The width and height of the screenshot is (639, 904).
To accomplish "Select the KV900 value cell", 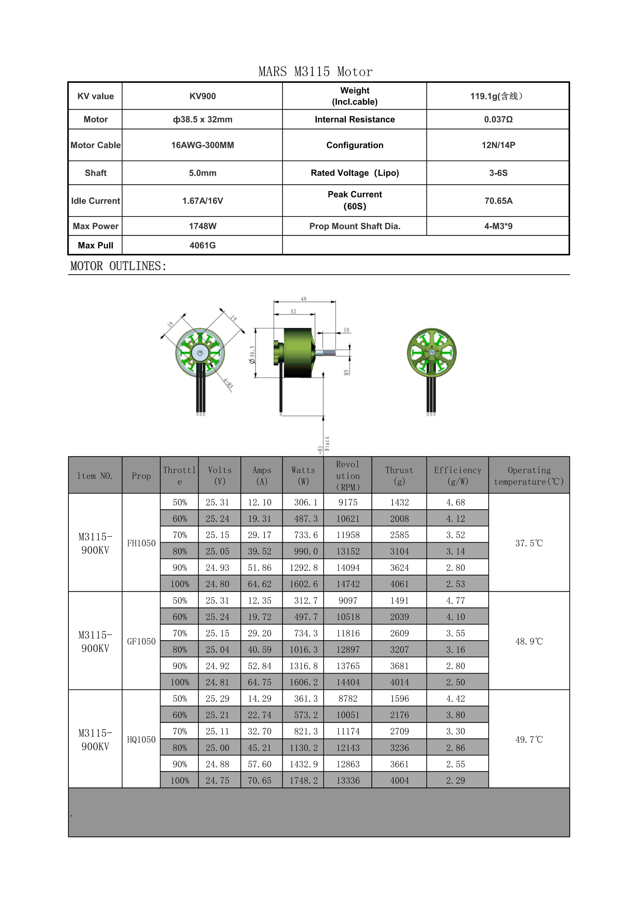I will pos(202,96).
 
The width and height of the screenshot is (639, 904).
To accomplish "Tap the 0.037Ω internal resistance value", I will pos(498,119).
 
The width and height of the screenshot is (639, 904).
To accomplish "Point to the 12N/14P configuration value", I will pos(498,145).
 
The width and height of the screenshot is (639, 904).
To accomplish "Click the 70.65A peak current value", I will pos(498,201).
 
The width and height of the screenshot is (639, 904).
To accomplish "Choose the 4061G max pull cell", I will pos(202,245).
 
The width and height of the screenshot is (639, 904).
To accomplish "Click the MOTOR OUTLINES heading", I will pos(118,266).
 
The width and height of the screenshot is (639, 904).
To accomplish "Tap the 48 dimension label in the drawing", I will pos(304,299).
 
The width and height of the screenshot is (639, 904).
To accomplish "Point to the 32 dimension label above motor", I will pos(293,311).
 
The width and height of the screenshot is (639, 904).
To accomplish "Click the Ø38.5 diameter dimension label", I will pos(252,354).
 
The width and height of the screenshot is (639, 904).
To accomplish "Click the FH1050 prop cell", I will pos(141,543).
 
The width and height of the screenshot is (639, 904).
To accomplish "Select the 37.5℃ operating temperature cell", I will pos(529,543).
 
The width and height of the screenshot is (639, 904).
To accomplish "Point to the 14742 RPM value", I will pos(348,584).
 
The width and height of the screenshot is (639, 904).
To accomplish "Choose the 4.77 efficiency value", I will pos(456,600).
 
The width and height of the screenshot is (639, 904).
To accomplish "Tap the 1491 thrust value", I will pos(399,600).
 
